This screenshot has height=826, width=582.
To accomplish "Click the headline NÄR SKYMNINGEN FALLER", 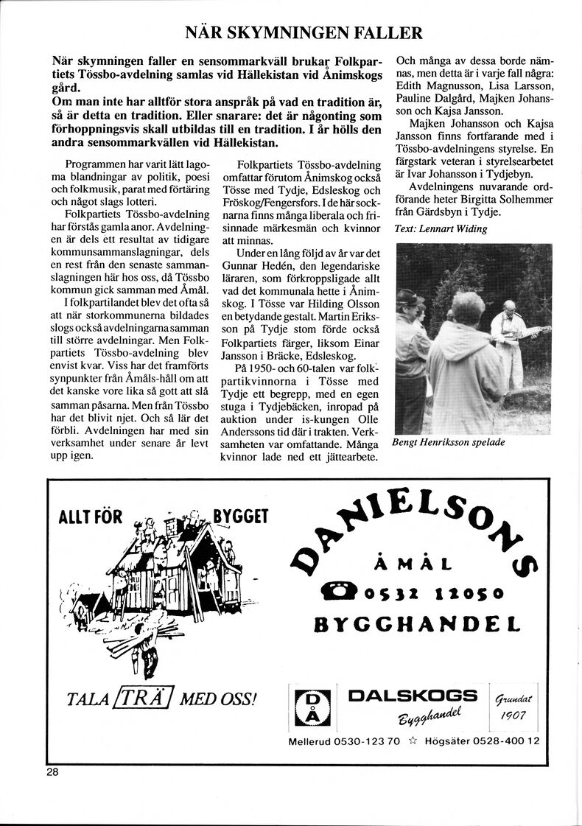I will [304, 33].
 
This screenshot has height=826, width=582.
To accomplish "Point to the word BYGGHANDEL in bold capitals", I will [417, 626].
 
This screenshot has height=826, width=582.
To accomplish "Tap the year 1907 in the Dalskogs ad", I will [513, 715].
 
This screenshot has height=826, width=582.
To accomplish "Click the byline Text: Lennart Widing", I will [441, 229].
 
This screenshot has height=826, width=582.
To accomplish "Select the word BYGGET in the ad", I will [240, 517].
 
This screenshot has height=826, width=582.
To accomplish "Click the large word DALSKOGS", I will [413, 696].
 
